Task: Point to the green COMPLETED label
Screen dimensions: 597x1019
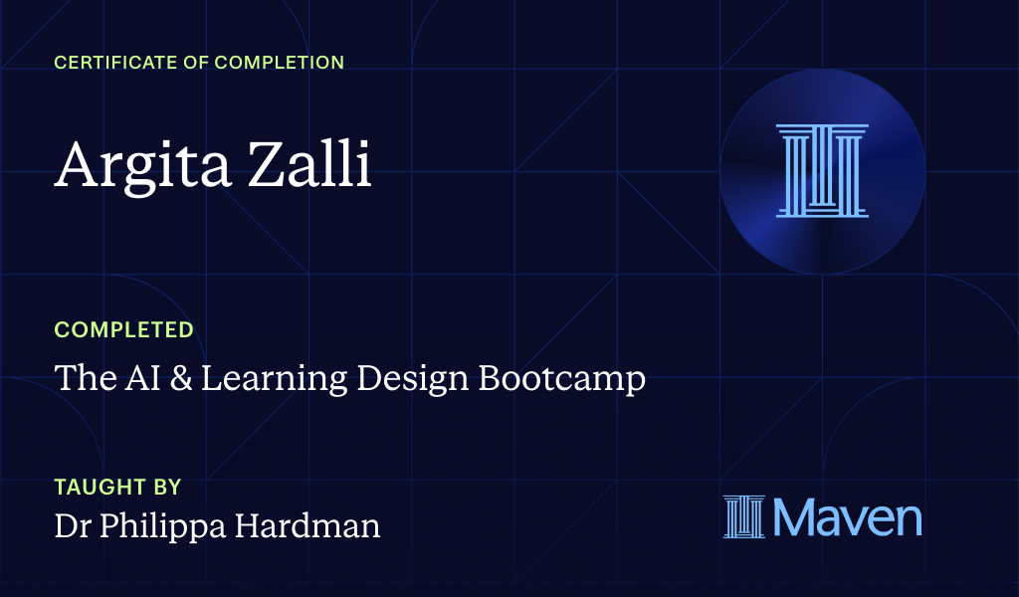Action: pos(123,329)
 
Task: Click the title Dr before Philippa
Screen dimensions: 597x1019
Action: pos(72,526)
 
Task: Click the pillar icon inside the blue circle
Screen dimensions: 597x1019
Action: pos(822,170)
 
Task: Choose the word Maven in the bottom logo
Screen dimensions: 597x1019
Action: pos(847,517)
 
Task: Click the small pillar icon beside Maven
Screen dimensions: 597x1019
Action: pos(743,517)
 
